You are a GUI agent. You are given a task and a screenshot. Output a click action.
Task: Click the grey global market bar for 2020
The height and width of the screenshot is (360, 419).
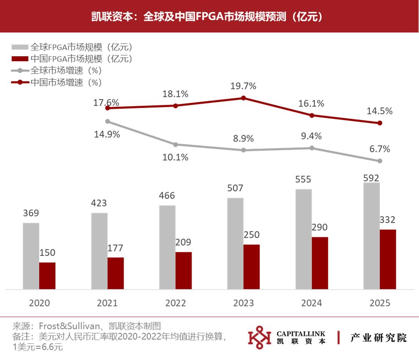click(x=31, y=256)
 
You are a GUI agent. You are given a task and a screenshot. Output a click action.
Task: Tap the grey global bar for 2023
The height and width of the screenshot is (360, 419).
click(x=235, y=243)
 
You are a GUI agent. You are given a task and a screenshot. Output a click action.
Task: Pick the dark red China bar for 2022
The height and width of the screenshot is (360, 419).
click(x=184, y=270)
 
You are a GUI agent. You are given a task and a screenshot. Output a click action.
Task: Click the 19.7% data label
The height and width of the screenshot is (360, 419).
click(x=243, y=86)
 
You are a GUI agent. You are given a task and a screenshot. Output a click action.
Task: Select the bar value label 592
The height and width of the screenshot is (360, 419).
click(x=372, y=178)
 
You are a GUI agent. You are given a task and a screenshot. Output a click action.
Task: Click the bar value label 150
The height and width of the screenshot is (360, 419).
click(x=47, y=253)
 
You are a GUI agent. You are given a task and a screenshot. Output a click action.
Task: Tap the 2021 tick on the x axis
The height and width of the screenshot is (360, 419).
click(x=107, y=303)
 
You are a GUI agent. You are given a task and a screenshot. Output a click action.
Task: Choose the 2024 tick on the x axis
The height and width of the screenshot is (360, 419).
click(x=312, y=303)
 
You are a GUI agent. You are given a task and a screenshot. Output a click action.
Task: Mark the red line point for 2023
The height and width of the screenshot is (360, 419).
click(x=244, y=98)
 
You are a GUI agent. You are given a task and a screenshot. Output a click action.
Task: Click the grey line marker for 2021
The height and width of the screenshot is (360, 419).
click(x=107, y=122)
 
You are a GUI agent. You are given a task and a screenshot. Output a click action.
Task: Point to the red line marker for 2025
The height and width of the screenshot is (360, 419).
click(x=379, y=123)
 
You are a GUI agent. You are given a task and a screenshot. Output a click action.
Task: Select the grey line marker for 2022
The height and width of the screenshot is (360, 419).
click(x=175, y=144)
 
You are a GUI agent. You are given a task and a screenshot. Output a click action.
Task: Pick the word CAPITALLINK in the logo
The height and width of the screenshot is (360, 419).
click(x=301, y=333)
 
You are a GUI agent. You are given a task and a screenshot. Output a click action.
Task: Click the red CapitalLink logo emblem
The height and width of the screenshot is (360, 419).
click(x=259, y=337)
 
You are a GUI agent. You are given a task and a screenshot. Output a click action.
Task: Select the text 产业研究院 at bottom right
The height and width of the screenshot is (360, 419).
click(x=378, y=337)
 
